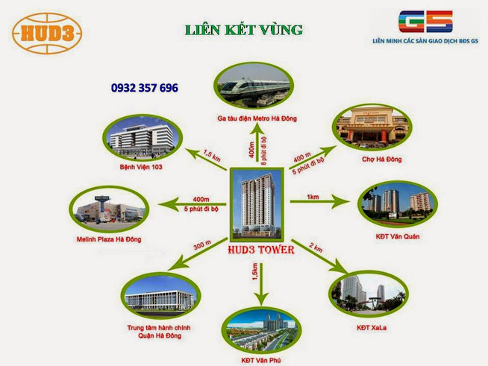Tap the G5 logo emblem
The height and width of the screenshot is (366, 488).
422,22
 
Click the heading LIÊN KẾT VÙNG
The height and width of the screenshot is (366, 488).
244,30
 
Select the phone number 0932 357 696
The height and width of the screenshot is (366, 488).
145,88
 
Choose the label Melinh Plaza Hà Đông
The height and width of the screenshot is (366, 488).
109,239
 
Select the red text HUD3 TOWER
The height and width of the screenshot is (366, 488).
260,250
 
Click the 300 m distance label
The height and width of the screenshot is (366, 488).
200,244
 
